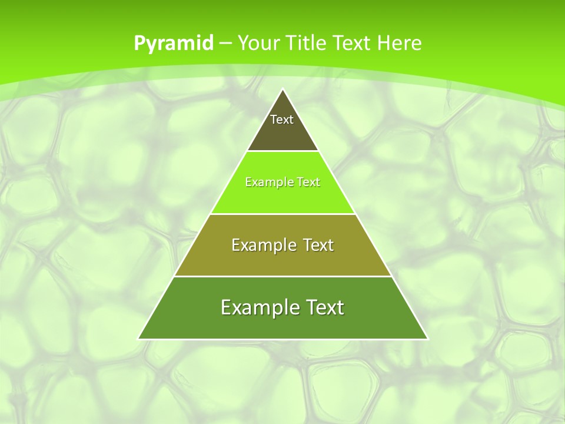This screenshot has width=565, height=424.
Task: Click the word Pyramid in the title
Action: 174,43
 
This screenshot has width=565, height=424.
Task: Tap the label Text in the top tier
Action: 282,120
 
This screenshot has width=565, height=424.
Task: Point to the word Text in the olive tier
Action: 318,245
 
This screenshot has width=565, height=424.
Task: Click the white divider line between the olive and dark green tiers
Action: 282,276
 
